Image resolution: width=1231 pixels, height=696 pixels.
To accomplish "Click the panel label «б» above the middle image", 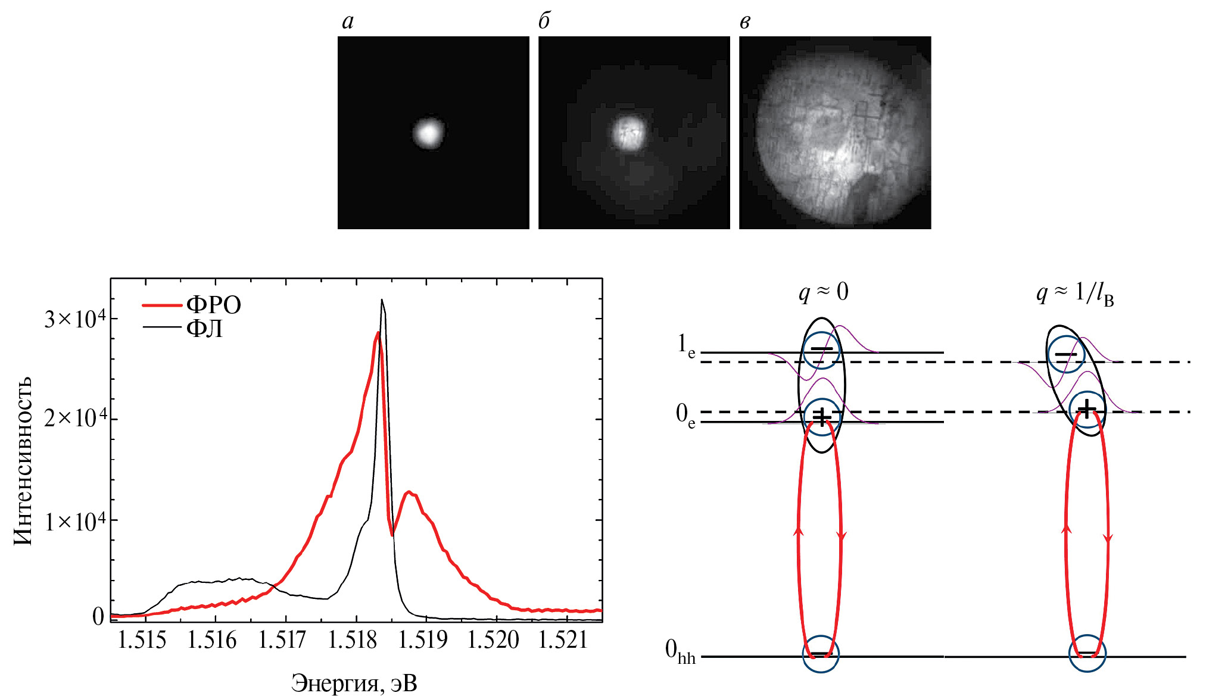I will (x=544, y=21).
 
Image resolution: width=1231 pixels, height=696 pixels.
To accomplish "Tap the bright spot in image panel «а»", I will (x=428, y=133).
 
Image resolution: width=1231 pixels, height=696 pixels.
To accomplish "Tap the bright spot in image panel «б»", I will (x=628, y=132).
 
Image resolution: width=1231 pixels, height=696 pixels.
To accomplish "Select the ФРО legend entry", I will (x=213, y=305).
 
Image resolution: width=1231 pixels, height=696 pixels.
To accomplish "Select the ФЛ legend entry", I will (x=204, y=328).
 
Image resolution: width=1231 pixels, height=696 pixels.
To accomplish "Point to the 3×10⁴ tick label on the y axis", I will (x=75, y=320).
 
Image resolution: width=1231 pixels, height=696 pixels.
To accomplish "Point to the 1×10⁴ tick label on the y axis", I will (x=75, y=522).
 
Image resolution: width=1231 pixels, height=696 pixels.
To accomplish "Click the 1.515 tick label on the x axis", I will (x=142, y=641).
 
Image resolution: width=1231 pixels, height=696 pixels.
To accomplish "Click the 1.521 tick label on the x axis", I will (x=563, y=641).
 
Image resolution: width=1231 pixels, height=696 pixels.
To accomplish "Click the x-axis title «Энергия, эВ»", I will (x=354, y=683).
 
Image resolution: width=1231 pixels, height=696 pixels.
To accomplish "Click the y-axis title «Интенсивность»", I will (x=23, y=461).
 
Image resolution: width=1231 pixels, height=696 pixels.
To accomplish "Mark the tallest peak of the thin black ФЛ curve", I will (x=382, y=300).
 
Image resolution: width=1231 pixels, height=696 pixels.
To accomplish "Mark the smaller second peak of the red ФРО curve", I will (x=409, y=492).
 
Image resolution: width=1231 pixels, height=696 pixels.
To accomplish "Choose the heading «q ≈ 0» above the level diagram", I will (x=823, y=292).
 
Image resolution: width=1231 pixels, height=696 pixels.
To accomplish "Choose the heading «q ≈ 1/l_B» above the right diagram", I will (x=1074, y=293).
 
